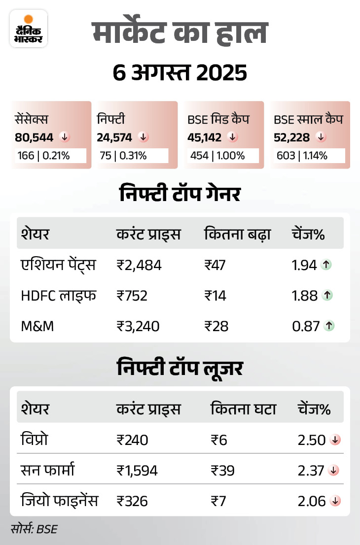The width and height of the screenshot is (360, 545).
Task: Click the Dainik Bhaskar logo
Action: click(x=29, y=29)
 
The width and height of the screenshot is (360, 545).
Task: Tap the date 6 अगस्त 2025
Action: click(x=180, y=73)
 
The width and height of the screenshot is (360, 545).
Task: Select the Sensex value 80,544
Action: click(x=34, y=137)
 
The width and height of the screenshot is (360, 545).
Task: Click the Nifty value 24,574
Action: click(x=115, y=137)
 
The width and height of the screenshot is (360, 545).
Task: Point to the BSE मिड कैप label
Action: click(x=218, y=119)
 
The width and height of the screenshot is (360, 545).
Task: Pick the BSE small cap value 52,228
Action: click(x=292, y=137)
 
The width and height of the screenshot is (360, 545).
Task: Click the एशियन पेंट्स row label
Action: click(x=58, y=265)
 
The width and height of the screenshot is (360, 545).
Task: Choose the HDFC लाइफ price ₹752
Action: click(x=132, y=295)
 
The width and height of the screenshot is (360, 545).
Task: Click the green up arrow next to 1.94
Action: click(x=326, y=265)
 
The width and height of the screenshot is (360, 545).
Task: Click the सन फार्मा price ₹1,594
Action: click(x=137, y=470)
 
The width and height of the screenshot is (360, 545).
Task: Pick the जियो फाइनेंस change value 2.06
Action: click(x=312, y=501)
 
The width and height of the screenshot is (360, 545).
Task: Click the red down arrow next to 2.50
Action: click(x=335, y=440)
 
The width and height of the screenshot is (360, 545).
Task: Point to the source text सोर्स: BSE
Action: click(x=34, y=529)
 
